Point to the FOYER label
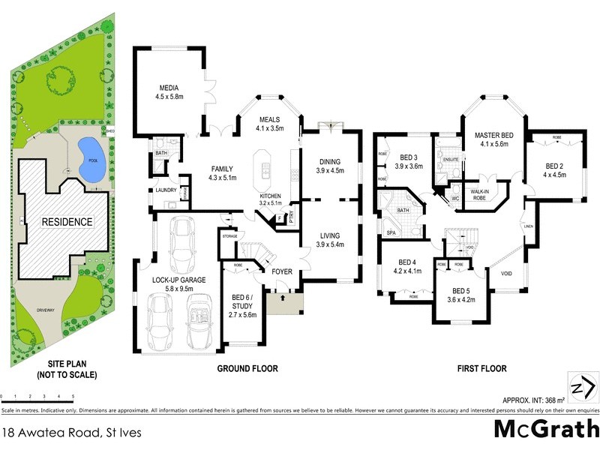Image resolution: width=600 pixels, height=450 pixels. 282,271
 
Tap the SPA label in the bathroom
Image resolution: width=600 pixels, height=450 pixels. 391,232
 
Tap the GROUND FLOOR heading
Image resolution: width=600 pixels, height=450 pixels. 247,368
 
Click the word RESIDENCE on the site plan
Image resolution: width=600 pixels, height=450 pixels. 67,222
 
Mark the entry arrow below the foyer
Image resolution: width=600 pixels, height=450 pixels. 282,298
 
